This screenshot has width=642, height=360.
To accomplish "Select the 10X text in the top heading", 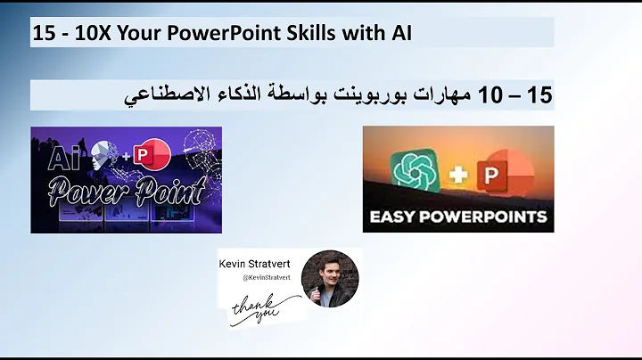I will pos(83,33).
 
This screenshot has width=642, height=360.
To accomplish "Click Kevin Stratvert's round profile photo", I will pos(330,278).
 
